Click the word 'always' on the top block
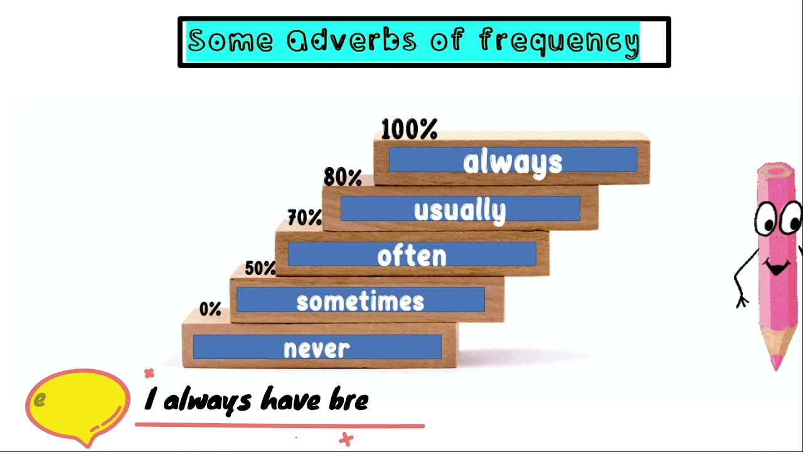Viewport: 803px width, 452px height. (x=513, y=163)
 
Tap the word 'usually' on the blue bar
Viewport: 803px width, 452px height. (x=460, y=211)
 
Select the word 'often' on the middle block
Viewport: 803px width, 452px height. (x=412, y=256)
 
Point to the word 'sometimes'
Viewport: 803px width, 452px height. (x=360, y=301)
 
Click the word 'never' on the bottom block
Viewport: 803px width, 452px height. (x=317, y=349)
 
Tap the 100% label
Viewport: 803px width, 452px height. (x=409, y=130)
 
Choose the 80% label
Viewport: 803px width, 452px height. (x=343, y=178)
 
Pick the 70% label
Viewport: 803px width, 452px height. (x=304, y=218)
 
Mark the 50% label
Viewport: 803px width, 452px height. (x=260, y=269)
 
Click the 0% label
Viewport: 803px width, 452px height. (x=210, y=309)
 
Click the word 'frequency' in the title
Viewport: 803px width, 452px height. (x=559, y=41)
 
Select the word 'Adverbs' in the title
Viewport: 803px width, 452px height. (x=351, y=41)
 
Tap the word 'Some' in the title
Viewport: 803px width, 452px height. (x=230, y=41)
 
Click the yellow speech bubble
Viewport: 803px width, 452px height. (x=78, y=402)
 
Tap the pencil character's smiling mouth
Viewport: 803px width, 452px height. (x=778, y=269)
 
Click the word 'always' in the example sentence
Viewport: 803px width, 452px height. (x=207, y=401)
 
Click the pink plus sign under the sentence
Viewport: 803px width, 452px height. (x=346, y=439)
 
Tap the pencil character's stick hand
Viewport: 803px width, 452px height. (x=742, y=301)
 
